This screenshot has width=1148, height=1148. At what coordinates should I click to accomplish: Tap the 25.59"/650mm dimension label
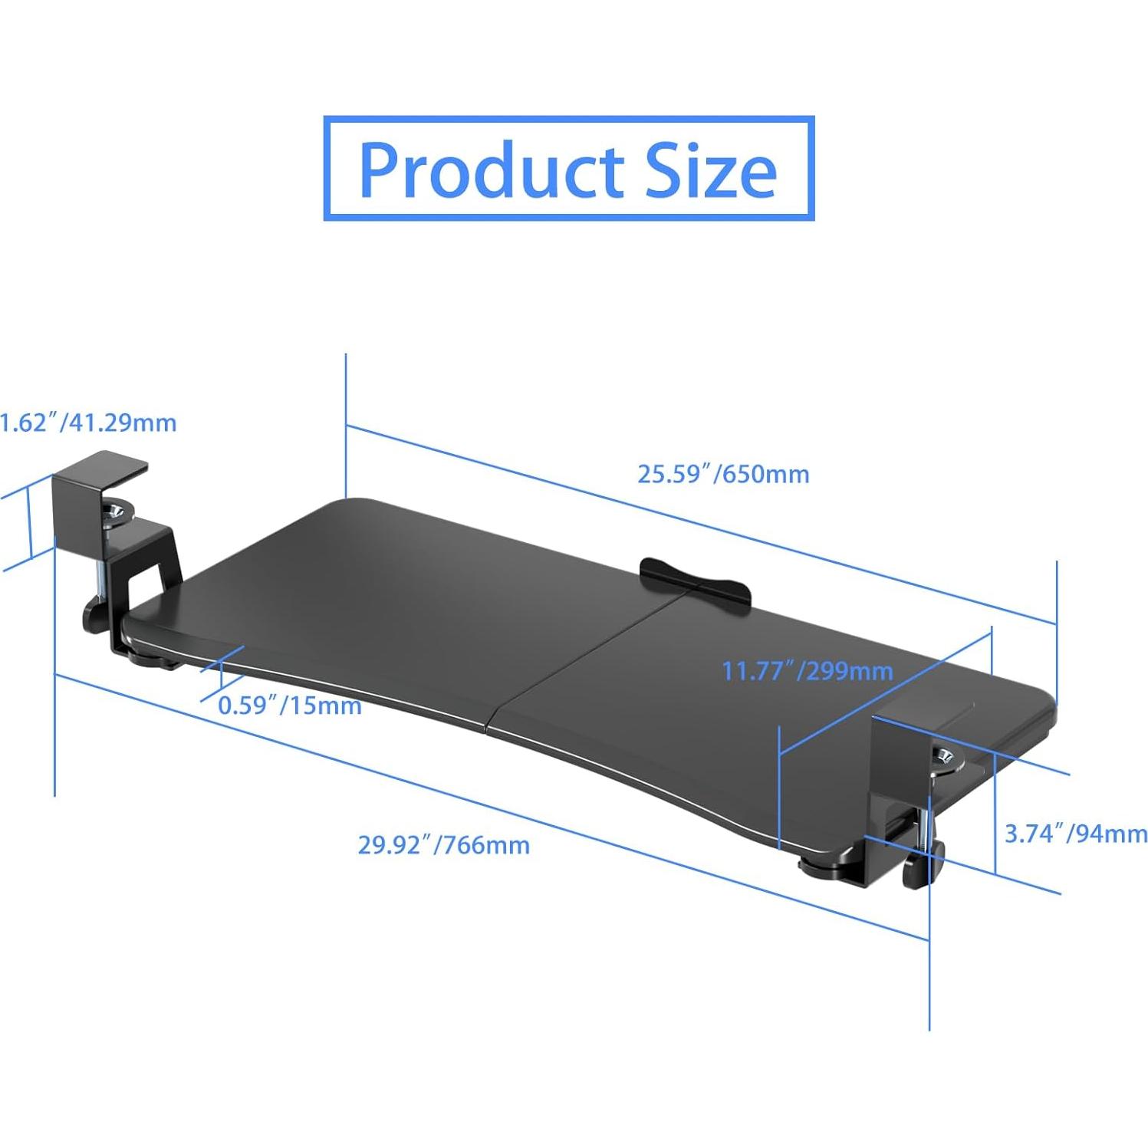point(723,474)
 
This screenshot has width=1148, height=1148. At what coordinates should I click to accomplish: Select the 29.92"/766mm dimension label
point(443,845)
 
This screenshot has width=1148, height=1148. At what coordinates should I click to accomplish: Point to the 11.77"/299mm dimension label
point(807,671)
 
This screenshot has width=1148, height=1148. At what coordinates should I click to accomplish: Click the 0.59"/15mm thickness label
point(290,705)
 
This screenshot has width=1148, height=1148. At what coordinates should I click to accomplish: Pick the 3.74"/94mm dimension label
point(1075,833)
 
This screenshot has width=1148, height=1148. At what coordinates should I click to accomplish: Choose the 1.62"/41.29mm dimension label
point(88,423)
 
